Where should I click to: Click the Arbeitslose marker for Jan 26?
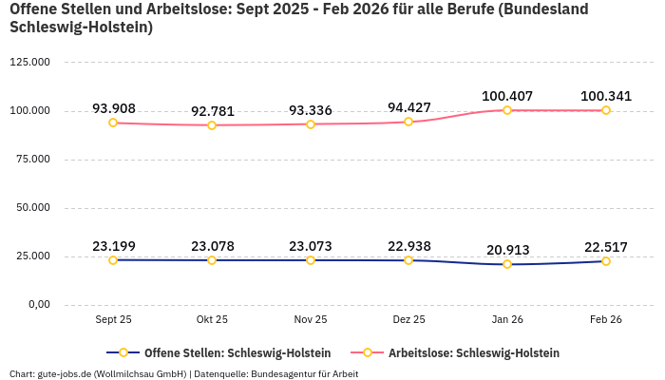click(507, 110)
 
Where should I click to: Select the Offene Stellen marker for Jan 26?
click(507, 264)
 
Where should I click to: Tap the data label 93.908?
click(113, 107)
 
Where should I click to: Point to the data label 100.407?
click(507, 96)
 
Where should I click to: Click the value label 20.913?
click(507, 250)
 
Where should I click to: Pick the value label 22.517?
click(606, 247)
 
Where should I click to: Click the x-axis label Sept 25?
click(113, 320)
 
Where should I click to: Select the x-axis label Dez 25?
click(408, 320)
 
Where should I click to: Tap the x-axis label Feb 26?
click(606, 320)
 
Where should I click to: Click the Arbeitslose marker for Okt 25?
click(212, 125)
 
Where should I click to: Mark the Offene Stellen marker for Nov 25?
click(311, 260)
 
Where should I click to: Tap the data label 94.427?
click(408, 106)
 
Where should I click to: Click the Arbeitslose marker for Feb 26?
click(606, 110)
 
